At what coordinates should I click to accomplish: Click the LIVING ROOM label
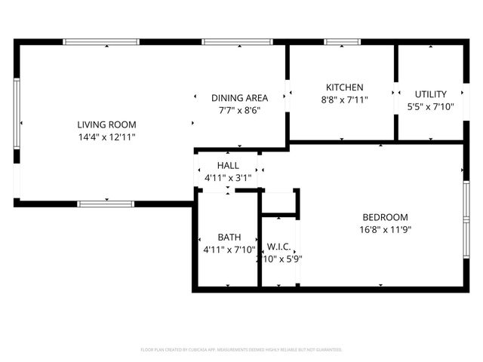point(106,124)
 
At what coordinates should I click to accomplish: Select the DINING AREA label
point(239,98)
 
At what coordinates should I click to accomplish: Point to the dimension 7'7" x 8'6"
point(239,110)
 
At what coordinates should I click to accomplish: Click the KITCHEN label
point(344,87)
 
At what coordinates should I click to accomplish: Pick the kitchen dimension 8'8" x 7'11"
point(344,100)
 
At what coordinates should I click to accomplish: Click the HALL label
point(228,165)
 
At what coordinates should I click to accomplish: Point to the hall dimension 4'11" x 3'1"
point(228,178)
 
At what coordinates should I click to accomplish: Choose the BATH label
point(229,237)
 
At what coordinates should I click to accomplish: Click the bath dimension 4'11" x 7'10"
point(229,250)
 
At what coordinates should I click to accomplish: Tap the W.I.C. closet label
point(279,247)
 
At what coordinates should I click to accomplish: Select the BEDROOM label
point(385,217)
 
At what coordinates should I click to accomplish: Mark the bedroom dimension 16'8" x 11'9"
point(385,229)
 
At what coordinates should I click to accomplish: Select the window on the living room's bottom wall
point(106,203)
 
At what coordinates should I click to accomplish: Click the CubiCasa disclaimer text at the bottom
point(241,350)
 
